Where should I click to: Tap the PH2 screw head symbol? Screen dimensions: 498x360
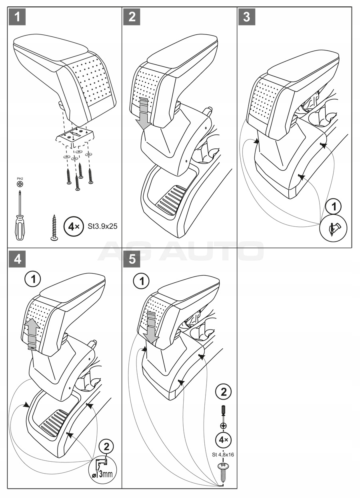20,184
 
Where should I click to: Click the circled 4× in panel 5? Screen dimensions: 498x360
222,440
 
